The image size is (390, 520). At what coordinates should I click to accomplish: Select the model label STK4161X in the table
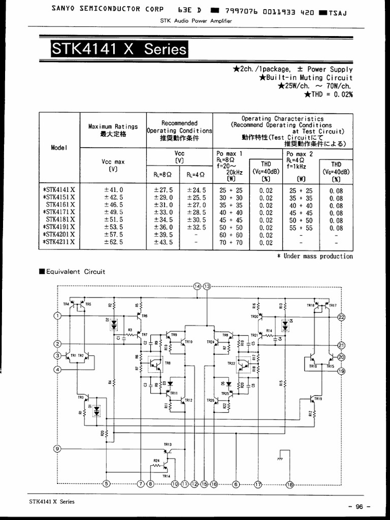60,205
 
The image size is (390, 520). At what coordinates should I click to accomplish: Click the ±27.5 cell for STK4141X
164,190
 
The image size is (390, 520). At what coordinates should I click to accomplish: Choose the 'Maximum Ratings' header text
113,126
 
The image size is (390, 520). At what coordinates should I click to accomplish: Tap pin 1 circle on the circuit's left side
57,315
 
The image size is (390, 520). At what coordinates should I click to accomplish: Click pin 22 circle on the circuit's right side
341,317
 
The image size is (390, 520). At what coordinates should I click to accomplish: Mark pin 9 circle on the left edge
57,448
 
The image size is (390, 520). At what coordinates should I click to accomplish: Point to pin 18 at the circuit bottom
290,484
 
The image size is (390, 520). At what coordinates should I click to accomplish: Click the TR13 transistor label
168,444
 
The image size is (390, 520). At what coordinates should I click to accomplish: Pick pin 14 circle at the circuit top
198,287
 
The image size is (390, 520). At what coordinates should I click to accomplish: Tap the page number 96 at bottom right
360,506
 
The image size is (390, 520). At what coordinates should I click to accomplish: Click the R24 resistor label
156,461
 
